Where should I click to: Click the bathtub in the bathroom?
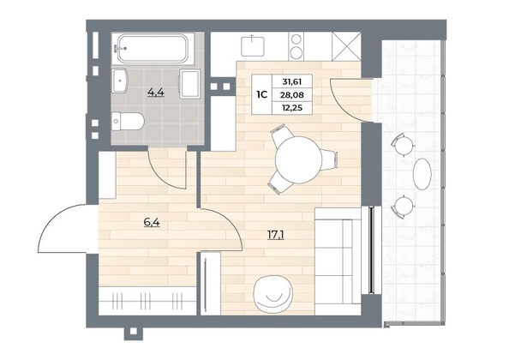pos(153,49)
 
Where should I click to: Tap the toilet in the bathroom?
pos(128,122)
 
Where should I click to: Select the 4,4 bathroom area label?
pos(156,93)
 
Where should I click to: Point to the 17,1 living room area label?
pos(276,235)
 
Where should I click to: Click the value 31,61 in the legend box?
pos(292,81)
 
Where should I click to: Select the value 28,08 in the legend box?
pos(292,95)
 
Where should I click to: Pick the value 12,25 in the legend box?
pos(292,108)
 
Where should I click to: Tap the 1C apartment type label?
pos(261,95)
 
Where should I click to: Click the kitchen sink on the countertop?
pos(253,46)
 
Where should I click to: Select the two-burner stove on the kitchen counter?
pos(296,46)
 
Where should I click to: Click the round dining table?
pos(298,159)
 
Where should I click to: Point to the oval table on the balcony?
pos(422,174)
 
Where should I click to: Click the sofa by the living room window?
pos(338,261)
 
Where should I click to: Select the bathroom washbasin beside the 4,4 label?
pos(121,81)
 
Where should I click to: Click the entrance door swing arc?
pos(52,219)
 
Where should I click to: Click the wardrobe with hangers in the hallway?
pos(147,301)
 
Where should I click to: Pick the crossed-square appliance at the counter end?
pos(346,46)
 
